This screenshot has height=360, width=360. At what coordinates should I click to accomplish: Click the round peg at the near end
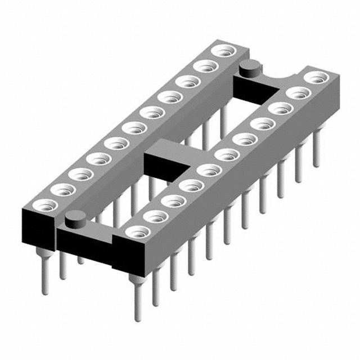[74, 219]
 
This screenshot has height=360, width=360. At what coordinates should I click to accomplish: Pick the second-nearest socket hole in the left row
[61, 190]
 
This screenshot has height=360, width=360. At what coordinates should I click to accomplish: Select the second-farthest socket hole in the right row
[297, 91]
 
